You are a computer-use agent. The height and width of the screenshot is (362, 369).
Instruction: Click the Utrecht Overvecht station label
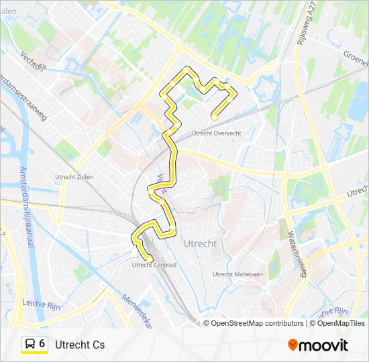pyautogui.click(x=217, y=133)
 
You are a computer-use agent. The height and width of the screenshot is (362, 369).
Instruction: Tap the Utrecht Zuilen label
pyautogui.click(x=74, y=177)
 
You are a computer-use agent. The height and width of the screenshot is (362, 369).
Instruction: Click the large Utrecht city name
pyautogui.click(x=199, y=243)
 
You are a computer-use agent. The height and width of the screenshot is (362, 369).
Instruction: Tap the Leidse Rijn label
pyautogui.click(x=42, y=303)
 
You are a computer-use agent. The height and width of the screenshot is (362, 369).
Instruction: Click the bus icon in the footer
pyautogui.click(x=30, y=345)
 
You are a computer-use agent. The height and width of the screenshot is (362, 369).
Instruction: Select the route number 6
pyautogui.click(x=42, y=344)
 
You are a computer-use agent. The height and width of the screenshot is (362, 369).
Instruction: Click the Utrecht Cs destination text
pyautogui.click(x=80, y=345)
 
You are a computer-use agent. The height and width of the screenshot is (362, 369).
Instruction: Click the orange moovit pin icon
pyautogui.click(x=292, y=345)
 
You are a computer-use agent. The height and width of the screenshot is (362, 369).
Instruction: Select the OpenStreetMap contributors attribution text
pyautogui.click(x=258, y=323)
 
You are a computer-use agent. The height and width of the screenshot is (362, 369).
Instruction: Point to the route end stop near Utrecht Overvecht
pyautogui.click(x=214, y=117)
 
